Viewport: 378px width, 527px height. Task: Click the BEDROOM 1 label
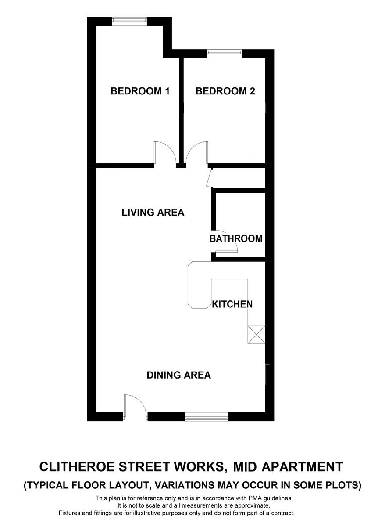140,91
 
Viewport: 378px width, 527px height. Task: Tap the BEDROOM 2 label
225,91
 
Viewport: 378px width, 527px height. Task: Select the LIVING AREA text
153,213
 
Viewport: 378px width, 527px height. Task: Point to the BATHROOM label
236,239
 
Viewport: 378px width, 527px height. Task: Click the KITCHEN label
232,304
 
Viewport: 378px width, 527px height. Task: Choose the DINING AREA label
178,375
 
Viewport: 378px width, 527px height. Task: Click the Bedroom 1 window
129,21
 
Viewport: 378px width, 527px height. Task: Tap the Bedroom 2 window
225,53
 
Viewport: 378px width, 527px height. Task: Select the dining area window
207,416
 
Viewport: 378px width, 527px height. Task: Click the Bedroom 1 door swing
164,152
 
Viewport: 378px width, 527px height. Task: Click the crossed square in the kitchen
256,335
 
